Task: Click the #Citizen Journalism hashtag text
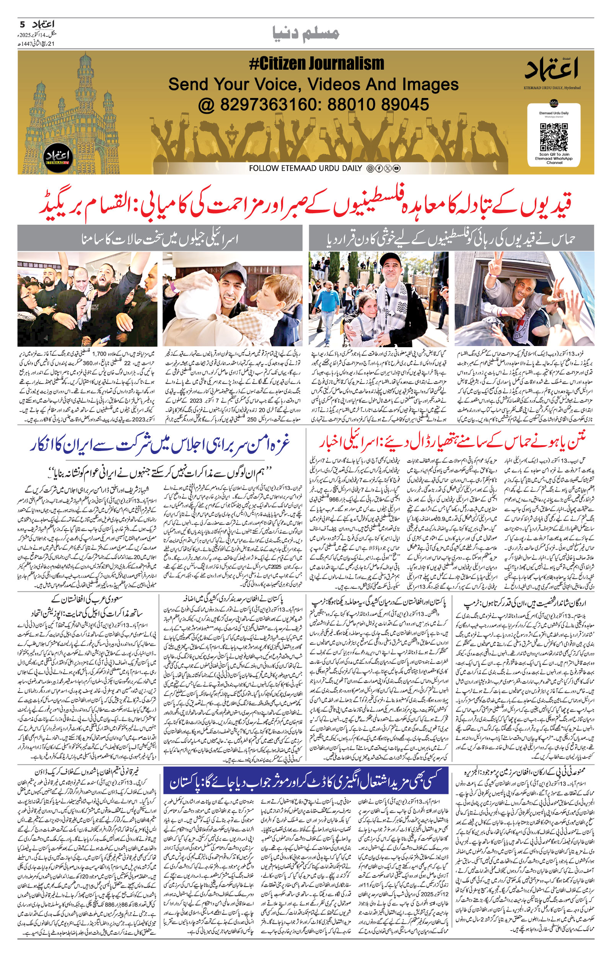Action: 316,64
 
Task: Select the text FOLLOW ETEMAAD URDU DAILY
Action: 306,168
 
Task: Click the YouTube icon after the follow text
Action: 397,168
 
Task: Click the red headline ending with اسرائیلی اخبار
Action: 452,441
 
